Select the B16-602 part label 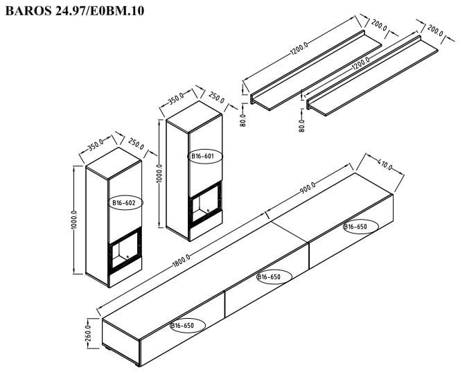tap(123, 203)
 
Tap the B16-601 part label tap(203, 157)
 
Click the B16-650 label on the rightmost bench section tap(355, 227)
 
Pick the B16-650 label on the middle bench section tap(269, 277)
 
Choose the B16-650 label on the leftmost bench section tap(182, 324)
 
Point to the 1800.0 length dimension tap(182, 263)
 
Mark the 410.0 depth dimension tap(385, 166)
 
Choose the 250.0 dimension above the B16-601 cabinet tap(216, 98)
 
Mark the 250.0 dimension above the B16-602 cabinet tap(136, 145)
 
